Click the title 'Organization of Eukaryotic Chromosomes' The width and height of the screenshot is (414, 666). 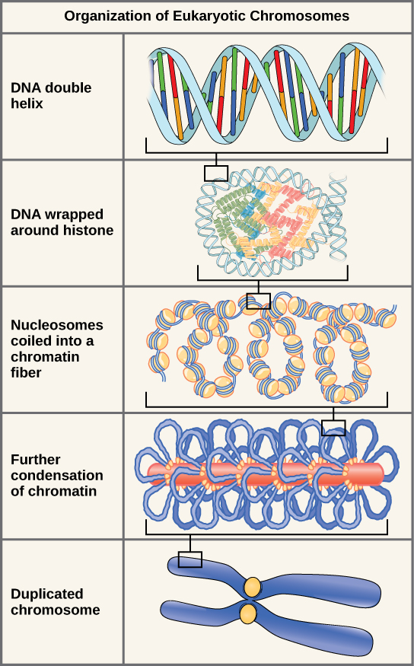click(x=207, y=15)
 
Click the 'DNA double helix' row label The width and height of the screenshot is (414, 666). click(x=51, y=95)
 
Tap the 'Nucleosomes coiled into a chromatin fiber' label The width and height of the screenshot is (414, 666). click(x=57, y=349)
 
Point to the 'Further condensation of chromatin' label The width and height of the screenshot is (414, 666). click(x=57, y=475)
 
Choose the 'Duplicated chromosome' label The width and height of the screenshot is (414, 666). click(x=55, y=601)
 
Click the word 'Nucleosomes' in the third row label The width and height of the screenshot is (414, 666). click(x=57, y=325)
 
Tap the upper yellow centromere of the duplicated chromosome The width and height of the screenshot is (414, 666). click(x=252, y=587)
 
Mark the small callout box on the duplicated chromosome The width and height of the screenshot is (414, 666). click(x=190, y=559)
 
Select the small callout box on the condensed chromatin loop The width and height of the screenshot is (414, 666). click(x=333, y=429)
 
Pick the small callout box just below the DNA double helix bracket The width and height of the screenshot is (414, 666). click(x=216, y=173)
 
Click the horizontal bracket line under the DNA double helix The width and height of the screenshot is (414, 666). click(x=266, y=152)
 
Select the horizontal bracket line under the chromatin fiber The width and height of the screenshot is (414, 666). click(x=266, y=405)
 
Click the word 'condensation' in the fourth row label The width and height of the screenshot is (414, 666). click(x=57, y=475)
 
